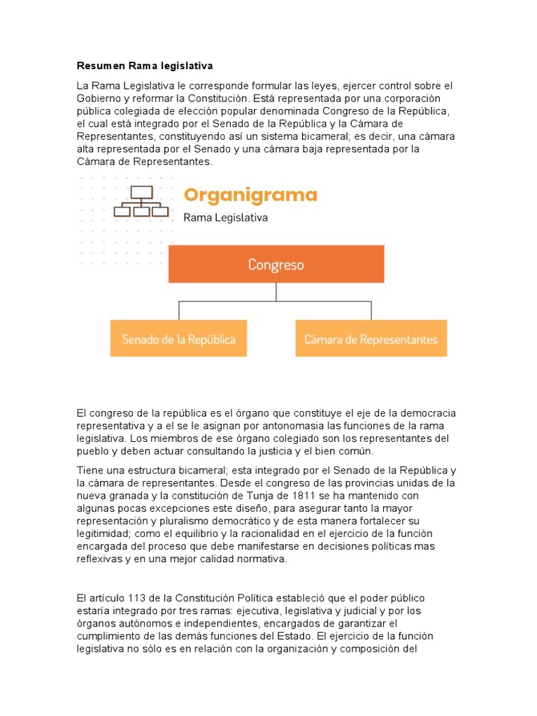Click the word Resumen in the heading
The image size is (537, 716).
coord(101,66)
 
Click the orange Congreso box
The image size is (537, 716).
coord(276,264)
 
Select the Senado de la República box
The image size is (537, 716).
coord(178,339)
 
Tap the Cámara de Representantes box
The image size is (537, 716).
coord(371,339)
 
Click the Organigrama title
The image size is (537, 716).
coord(250,194)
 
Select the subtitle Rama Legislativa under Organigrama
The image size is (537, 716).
coord(225,217)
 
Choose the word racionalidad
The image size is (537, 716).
coord(257,534)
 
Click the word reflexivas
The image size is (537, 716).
coord(100,559)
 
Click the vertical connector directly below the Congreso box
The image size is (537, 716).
coord(276,292)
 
